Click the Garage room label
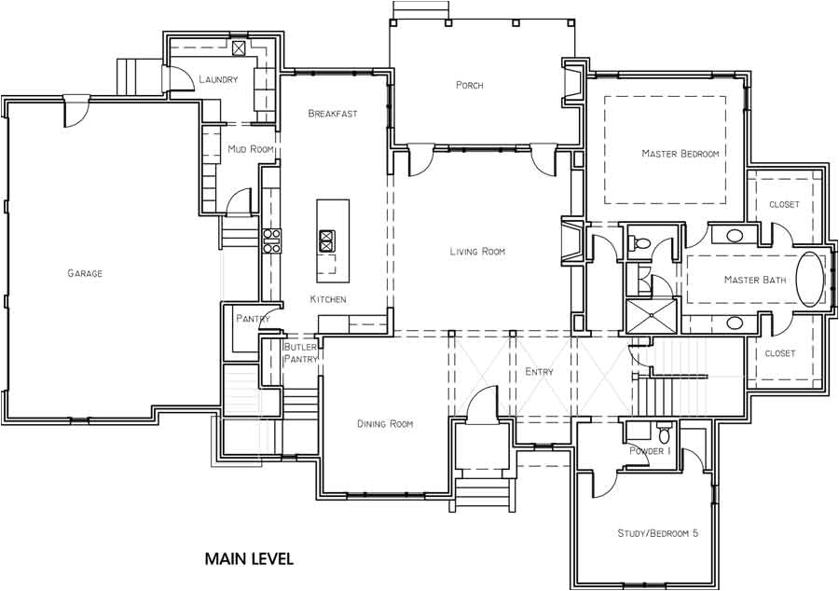click(84, 273)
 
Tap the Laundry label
click(218, 80)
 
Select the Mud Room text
click(250, 149)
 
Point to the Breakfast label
click(333, 114)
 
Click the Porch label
click(469, 86)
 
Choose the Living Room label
click(476, 252)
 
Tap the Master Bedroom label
click(680, 154)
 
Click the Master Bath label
click(754, 280)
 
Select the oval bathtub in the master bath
click(810, 279)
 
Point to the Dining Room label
click(384, 424)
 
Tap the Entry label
click(539, 372)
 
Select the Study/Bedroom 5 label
click(657, 533)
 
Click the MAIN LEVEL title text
click(249, 559)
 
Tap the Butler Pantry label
click(300, 352)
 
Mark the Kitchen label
click(328, 299)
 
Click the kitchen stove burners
click(272, 241)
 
